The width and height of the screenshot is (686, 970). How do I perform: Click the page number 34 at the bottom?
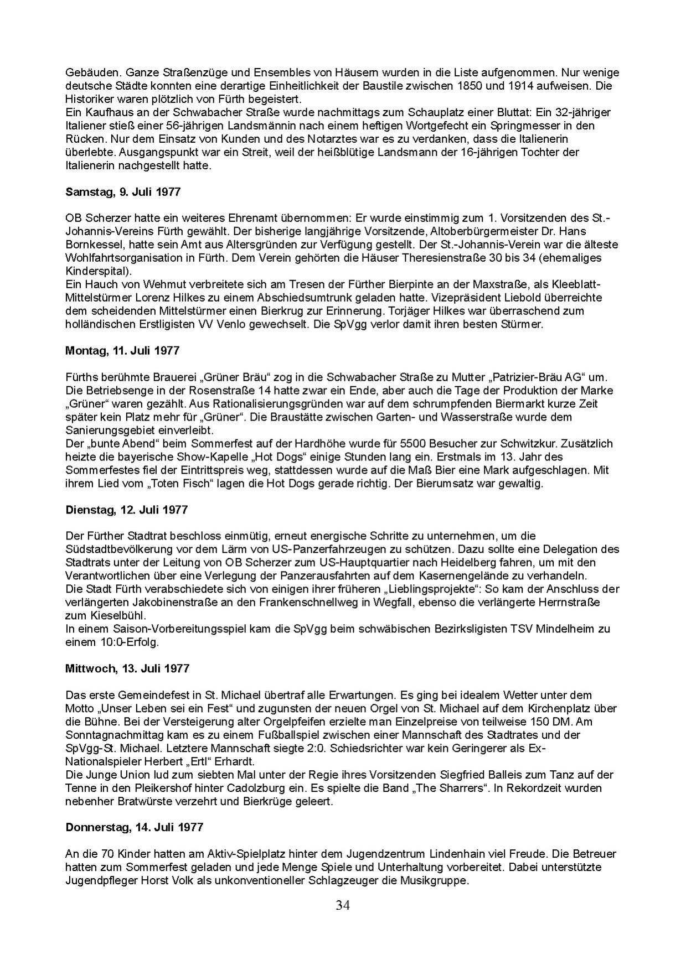click(x=343, y=905)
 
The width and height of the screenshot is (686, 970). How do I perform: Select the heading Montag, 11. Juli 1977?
click(x=122, y=350)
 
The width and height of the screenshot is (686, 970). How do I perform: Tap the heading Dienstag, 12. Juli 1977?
click(x=126, y=509)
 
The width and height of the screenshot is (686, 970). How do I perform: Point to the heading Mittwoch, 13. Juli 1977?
click(x=127, y=668)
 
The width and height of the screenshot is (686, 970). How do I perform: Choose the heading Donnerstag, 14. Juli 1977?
click(x=134, y=827)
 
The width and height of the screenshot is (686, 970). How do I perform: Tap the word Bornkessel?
click(x=92, y=245)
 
